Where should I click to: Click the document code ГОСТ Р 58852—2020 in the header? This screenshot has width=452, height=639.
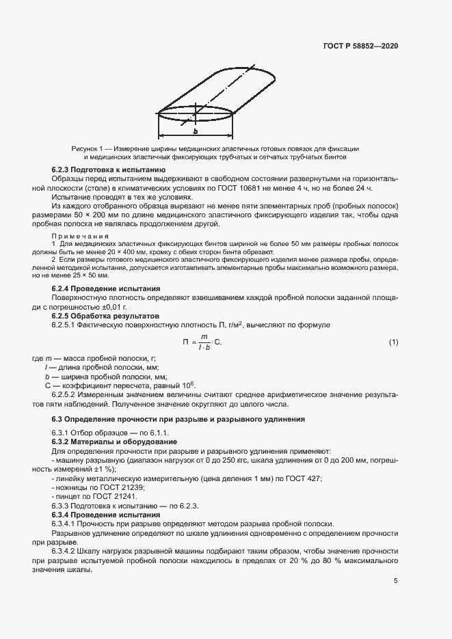coord(360,46)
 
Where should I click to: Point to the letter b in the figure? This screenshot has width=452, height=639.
coord(195,131)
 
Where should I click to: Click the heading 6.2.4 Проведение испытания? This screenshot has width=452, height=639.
coord(106,288)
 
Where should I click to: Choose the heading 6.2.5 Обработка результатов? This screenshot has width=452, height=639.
coord(105,316)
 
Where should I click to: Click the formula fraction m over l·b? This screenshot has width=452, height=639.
coord(202,342)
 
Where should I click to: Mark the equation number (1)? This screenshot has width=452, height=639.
coord(393,342)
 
